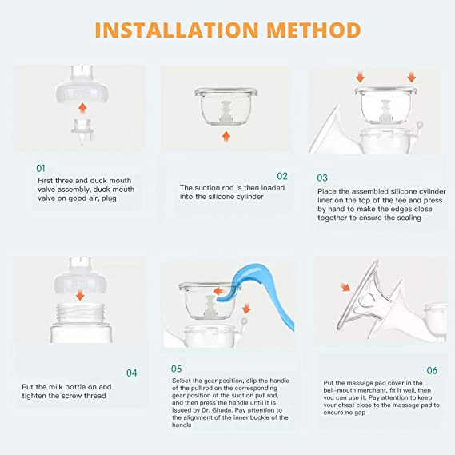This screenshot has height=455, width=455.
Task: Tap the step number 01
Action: coord(41,169)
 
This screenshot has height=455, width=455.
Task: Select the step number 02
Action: coord(281,175)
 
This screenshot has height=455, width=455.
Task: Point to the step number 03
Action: coord(322,178)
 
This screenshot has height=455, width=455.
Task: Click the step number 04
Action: coord(132,372)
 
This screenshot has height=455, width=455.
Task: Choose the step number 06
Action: coord(431,370)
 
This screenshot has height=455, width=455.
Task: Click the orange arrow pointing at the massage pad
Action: coord(345,287)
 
